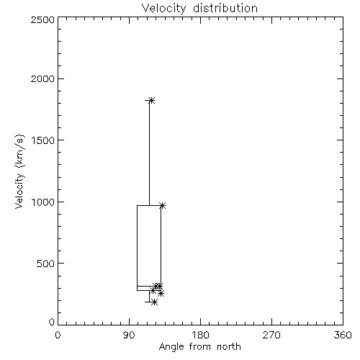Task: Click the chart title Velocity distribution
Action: tap(199, 8)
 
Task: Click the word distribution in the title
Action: tap(225, 8)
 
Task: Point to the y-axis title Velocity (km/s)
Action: tap(19, 171)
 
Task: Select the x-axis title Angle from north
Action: tap(199, 346)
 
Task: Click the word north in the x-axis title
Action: tap(229, 346)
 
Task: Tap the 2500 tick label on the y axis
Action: tap(43, 19)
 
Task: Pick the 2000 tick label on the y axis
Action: tap(43, 78)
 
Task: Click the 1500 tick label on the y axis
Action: tap(43, 140)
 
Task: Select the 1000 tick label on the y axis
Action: tap(43, 202)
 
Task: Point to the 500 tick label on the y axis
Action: tap(46, 264)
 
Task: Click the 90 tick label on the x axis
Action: tap(129, 335)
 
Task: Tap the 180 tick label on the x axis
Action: tap(200, 335)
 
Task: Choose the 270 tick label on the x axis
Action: tap(271, 335)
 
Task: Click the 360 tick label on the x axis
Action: tap(343, 335)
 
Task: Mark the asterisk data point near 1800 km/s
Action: tap(152, 100)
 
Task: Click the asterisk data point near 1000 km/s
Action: tap(163, 205)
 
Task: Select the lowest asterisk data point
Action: tap(155, 302)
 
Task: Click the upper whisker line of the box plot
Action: tap(149, 153)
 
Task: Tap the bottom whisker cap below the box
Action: tap(150, 302)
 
